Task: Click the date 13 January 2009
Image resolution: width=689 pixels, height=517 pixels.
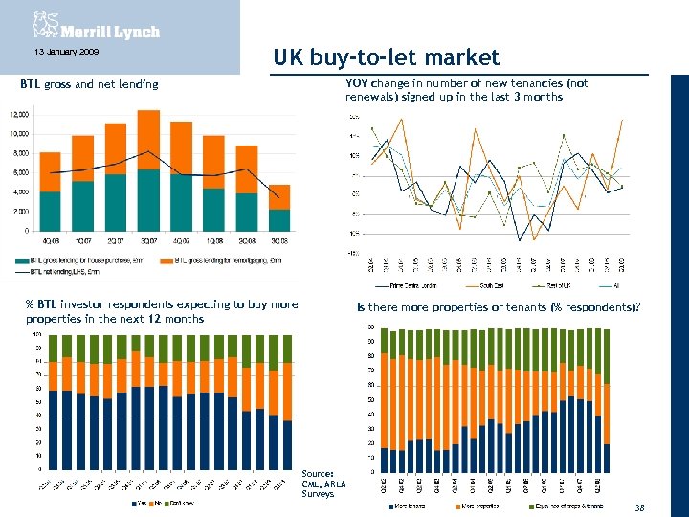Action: pos(59,52)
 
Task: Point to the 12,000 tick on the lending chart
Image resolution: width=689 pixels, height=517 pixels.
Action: pos(19,114)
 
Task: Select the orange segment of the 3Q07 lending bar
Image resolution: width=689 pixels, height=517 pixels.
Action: pos(148,140)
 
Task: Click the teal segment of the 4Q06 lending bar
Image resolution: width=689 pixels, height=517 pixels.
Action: pos(51,211)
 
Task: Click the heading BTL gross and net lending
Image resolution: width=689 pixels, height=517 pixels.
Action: pos(89,84)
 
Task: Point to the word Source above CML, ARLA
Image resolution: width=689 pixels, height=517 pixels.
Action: pos(318,473)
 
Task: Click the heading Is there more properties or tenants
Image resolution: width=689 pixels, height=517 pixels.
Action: pos(499,307)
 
